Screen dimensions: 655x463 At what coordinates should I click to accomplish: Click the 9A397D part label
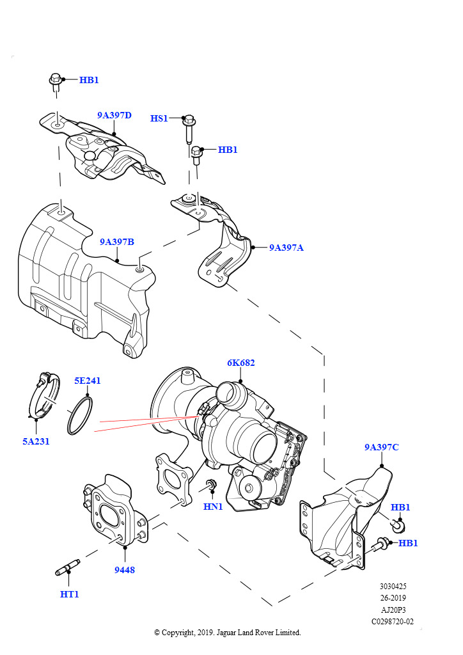tap(114, 116)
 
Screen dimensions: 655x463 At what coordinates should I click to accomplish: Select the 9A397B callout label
tap(116, 242)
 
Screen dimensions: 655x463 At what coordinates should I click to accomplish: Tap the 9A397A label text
tap(286, 247)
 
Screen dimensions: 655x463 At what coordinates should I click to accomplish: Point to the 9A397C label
tap(381, 447)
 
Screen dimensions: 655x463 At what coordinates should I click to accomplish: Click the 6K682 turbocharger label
tap(240, 363)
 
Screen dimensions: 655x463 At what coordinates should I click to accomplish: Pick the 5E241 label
tap(87, 381)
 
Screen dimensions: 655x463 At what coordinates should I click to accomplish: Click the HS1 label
tap(159, 118)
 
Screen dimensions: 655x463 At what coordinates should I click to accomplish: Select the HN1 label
tap(213, 507)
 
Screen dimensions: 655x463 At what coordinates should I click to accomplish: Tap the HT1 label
tap(69, 594)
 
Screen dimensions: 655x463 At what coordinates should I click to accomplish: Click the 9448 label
tap(125, 570)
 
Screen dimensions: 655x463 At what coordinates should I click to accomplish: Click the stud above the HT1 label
tap(67, 567)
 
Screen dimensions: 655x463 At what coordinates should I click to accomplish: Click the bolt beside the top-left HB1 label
tap(55, 83)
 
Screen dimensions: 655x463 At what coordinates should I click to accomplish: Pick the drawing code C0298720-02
tap(393, 621)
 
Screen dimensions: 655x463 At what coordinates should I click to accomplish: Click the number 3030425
tap(393, 587)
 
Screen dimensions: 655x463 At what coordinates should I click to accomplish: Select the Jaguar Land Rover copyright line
tap(227, 633)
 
